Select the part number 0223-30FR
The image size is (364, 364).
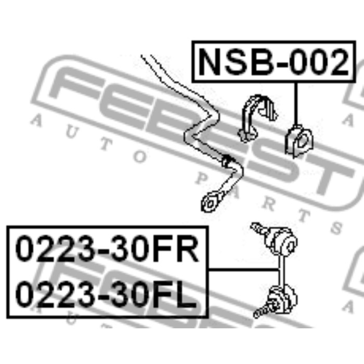point(107,251)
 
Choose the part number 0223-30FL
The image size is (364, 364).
point(106,295)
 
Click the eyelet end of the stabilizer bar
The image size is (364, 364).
point(211,201)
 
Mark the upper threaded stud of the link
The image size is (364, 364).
point(258,229)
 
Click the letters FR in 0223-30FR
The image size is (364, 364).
point(176,251)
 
